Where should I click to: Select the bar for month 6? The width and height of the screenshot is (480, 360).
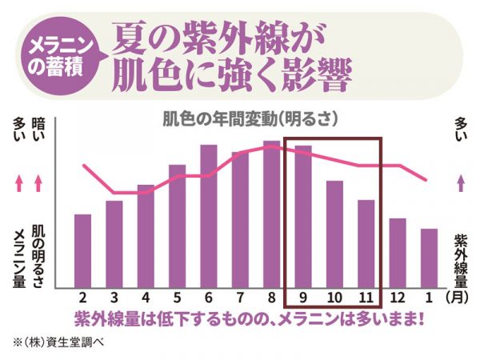[x=209, y=215]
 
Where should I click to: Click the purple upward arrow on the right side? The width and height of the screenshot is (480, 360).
[x=460, y=182]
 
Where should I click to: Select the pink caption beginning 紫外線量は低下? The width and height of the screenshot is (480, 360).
[x=248, y=318]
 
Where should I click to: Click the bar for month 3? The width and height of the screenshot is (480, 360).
[x=114, y=244]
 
